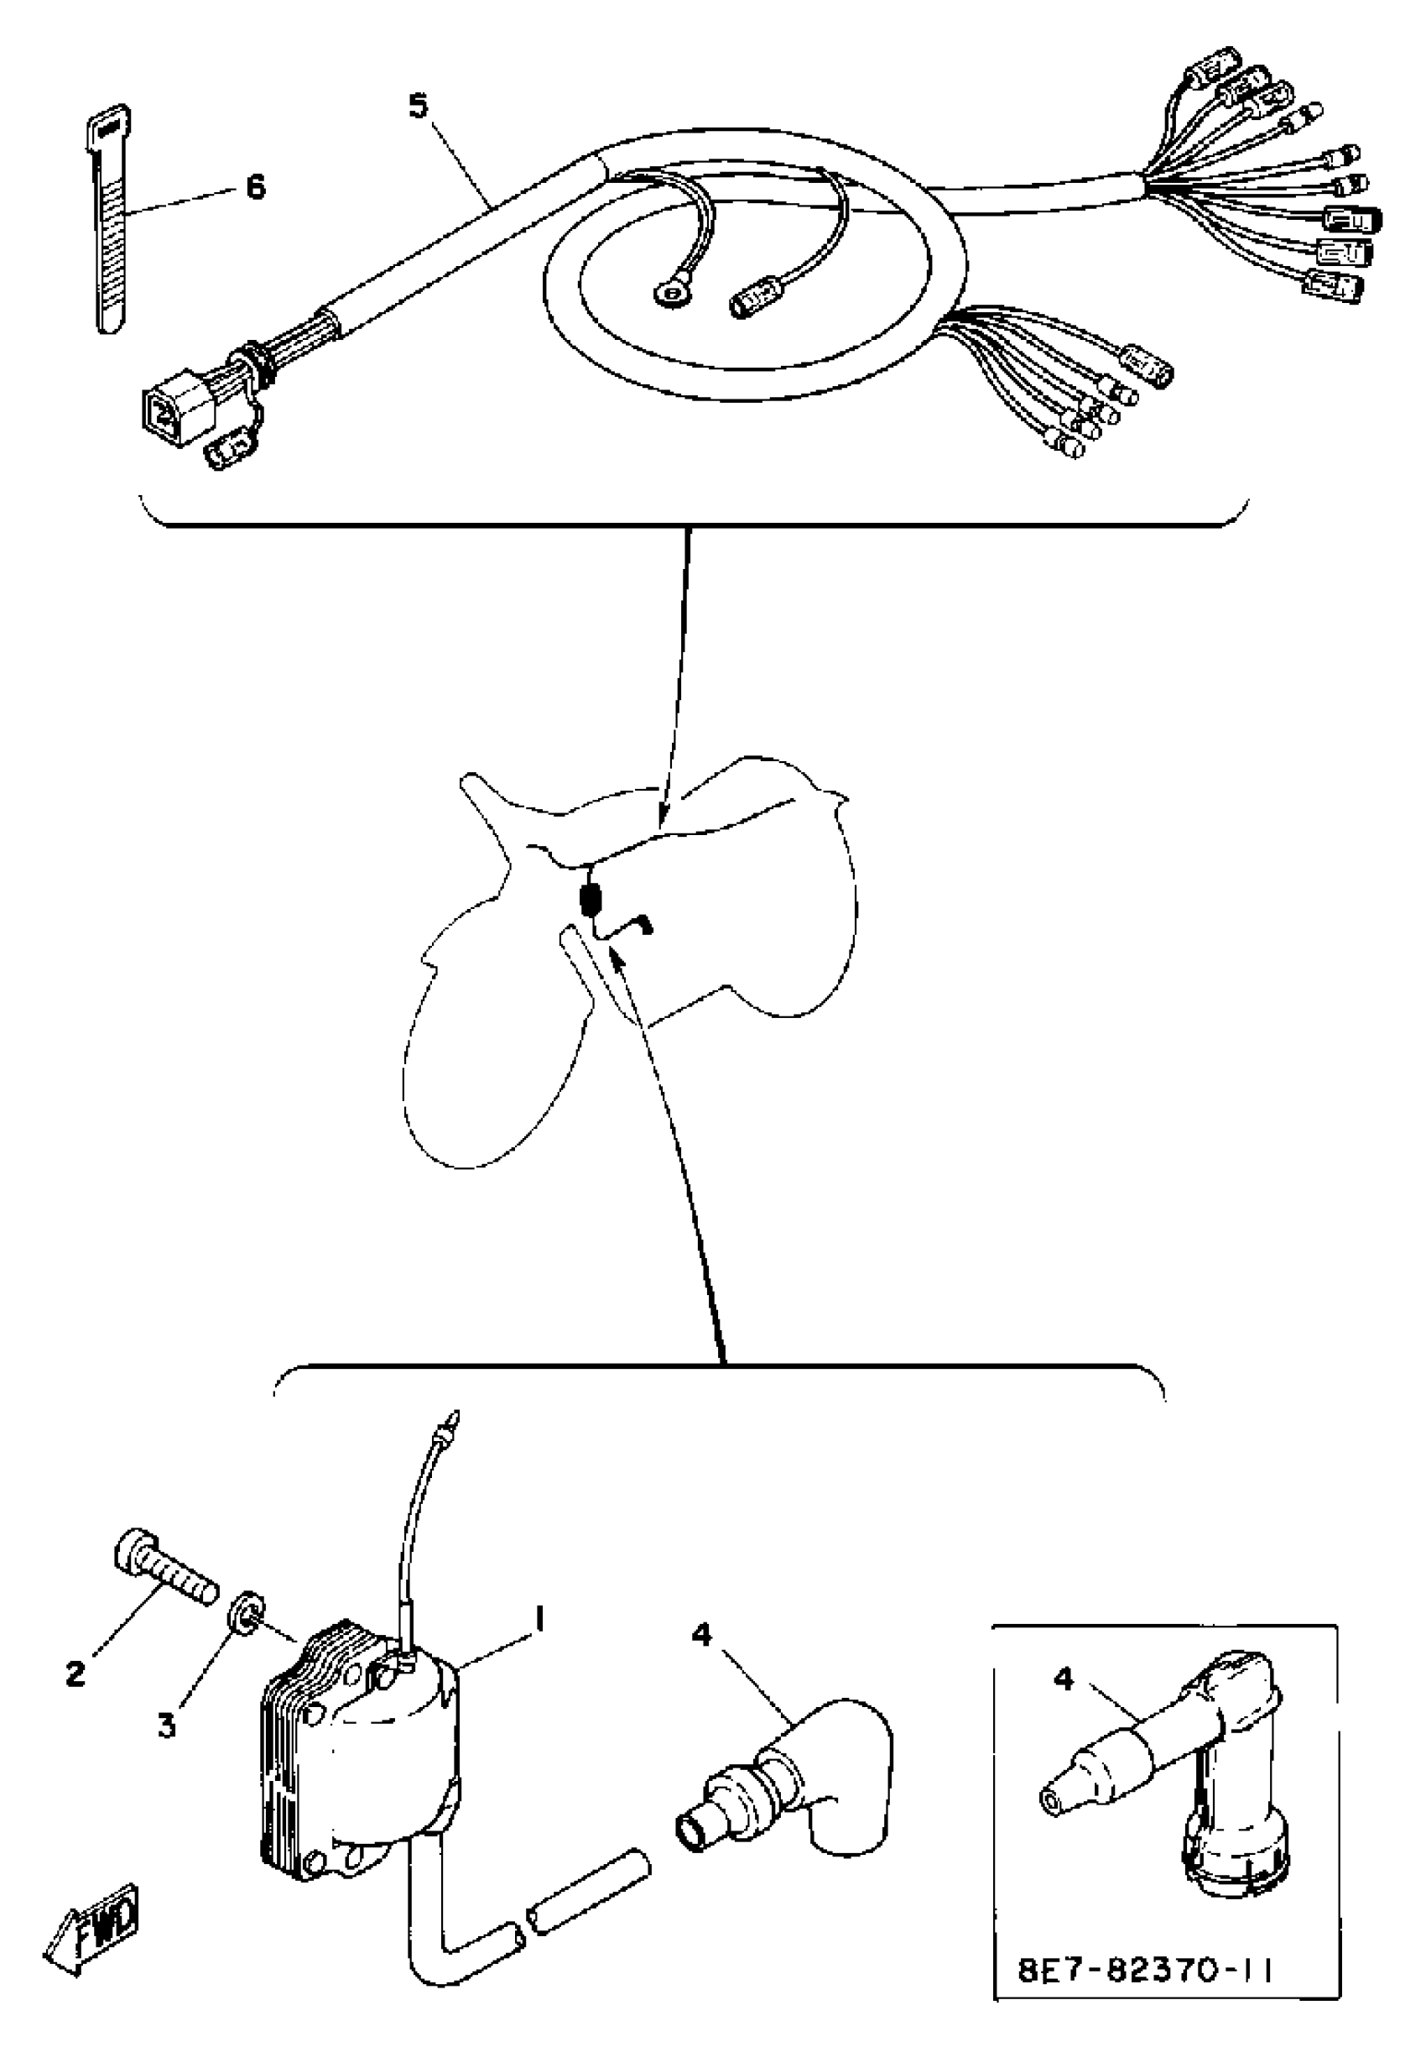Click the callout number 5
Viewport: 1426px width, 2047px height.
pyautogui.click(x=419, y=106)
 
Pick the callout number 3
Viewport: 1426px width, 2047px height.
pyautogui.click(x=167, y=1726)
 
